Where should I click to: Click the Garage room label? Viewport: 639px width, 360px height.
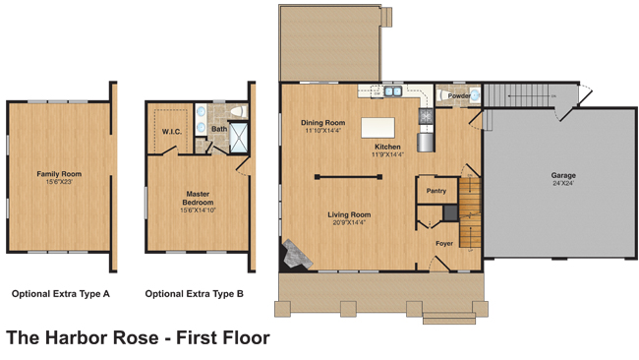click(x=563, y=175)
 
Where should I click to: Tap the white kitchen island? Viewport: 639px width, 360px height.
click(x=378, y=128)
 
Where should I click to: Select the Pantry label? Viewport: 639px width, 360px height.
click(x=436, y=191)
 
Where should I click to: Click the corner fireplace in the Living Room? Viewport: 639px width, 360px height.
click(x=296, y=254)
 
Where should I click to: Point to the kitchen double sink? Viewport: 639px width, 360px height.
click(x=393, y=91)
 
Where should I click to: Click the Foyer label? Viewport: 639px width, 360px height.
click(x=444, y=243)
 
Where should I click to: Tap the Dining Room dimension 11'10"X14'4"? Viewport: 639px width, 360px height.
click(x=323, y=131)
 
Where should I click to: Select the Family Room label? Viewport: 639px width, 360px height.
click(x=59, y=174)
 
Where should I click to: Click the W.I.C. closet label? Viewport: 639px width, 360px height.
click(x=172, y=132)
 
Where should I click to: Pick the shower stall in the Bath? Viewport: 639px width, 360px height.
click(x=239, y=138)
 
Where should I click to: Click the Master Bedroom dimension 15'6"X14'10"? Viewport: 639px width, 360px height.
click(x=198, y=210)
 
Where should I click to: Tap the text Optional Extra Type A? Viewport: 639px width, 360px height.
click(x=61, y=294)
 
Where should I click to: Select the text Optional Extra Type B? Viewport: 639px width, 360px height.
click(x=195, y=294)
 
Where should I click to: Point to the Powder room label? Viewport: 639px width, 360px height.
click(x=459, y=95)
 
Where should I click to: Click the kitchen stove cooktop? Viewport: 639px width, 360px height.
click(x=426, y=117)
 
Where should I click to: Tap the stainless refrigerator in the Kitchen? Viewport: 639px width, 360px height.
click(x=426, y=143)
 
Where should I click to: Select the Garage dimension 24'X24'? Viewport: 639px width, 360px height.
click(x=563, y=184)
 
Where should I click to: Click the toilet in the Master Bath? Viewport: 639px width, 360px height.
click(x=239, y=111)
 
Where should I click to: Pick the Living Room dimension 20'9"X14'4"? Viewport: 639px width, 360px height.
click(x=349, y=222)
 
